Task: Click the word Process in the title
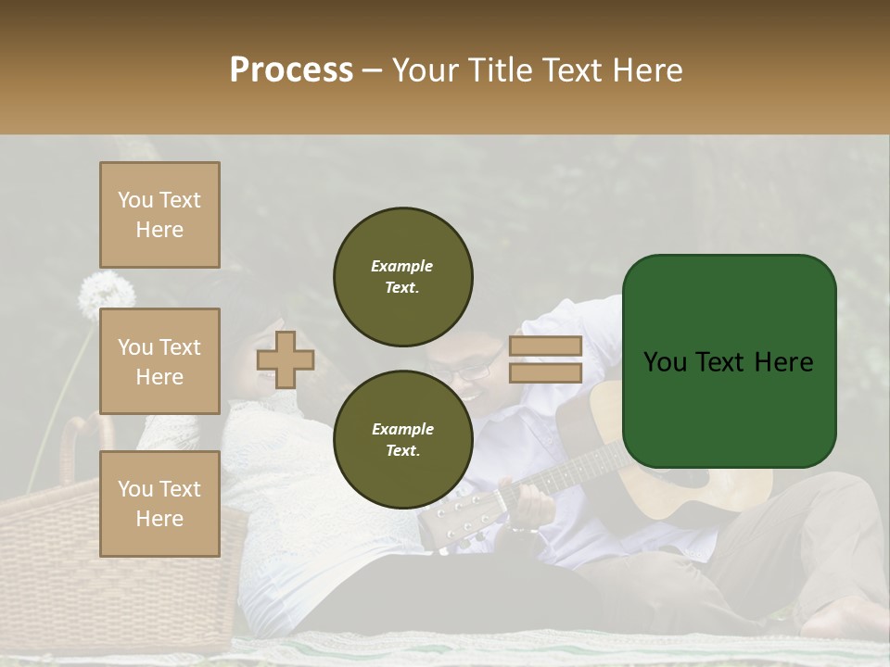[x=291, y=70]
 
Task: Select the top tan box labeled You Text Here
[x=159, y=215]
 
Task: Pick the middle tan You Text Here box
[x=159, y=361]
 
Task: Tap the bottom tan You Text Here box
[x=159, y=503]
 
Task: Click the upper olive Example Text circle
[x=402, y=277]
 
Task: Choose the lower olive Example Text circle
[x=402, y=440]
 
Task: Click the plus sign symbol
[x=286, y=359]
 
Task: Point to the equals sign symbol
[x=545, y=359]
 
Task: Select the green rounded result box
[x=729, y=361]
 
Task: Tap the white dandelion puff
[x=106, y=295]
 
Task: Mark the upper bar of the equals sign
[x=545, y=346]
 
